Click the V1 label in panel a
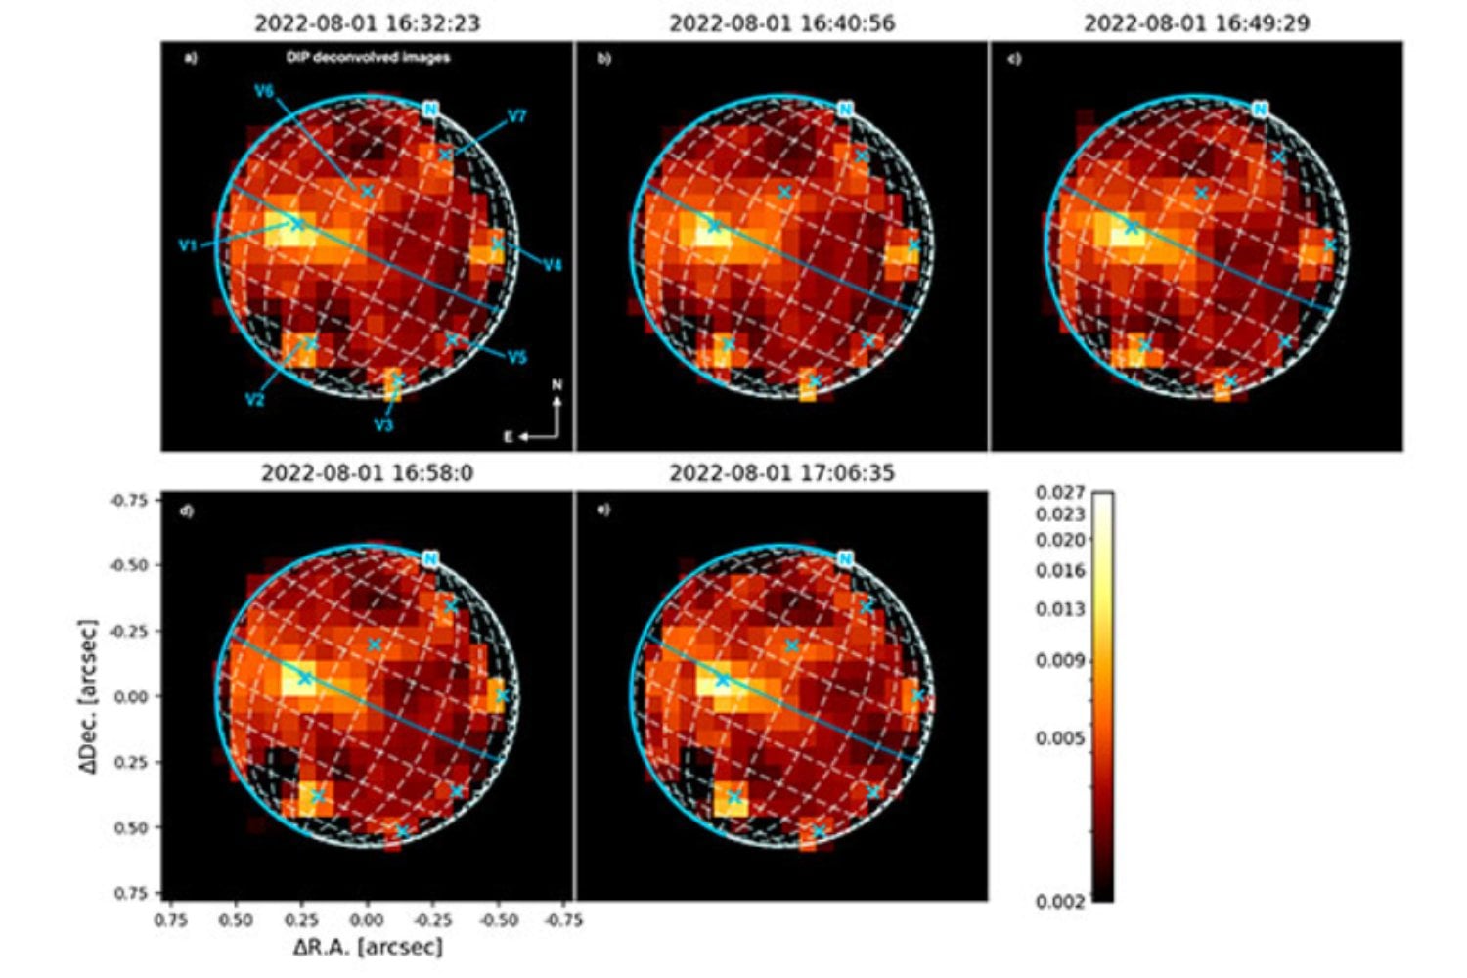(x=188, y=246)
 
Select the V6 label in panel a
(x=264, y=91)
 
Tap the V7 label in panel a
(x=516, y=117)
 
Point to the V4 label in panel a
(x=553, y=265)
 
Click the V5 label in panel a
(x=517, y=357)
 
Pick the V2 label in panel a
(x=255, y=400)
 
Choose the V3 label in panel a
(x=383, y=425)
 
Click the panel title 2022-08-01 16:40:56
(x=781, y=22)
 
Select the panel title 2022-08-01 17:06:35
(x=781, y=473)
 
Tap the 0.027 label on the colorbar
(x=1060, y=493)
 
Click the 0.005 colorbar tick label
(x=1060, y=738)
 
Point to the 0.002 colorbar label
(x=1060, y=901)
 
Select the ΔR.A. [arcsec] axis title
(x=368, y=947)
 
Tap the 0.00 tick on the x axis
(x=367, y=920)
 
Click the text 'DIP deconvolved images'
(x=368, y=58)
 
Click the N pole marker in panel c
(x=1260, y=110)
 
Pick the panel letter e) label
(x=603, y=510)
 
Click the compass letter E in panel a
(x=509, y=437)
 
